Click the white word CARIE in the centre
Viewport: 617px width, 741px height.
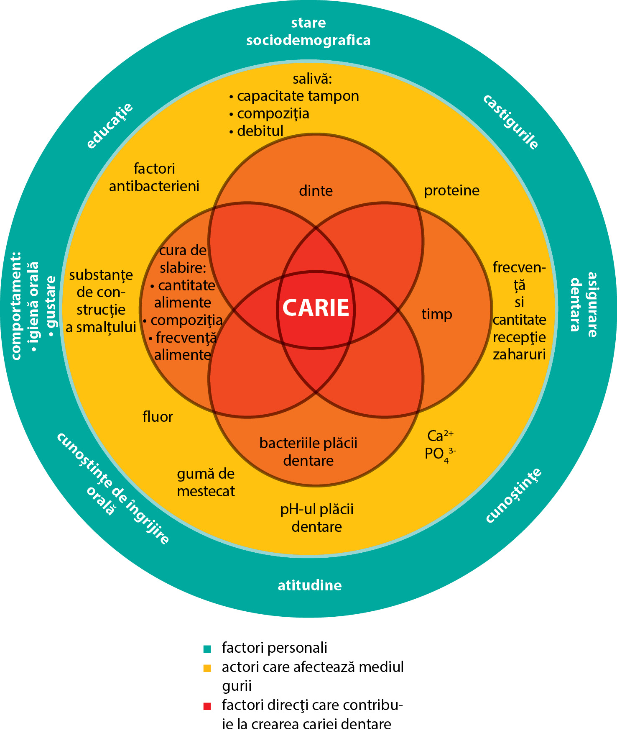click(x=316, y=308)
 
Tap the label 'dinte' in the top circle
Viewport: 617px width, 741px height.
click(x=316, y=191)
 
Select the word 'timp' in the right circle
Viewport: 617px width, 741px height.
click(x=437, y=314)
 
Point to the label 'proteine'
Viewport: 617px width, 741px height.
click(x=451, y=191)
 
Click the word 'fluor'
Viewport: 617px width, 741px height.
click(x=158, y=417)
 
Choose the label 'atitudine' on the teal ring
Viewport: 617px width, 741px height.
click(x=310, y=585)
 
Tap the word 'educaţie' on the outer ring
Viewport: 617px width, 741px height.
click(x=110, y=125)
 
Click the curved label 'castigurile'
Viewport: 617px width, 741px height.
click(x=511, y=122)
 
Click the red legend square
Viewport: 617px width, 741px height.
click(x=207, y=706)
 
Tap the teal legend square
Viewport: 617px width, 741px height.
click(x=207, y=649)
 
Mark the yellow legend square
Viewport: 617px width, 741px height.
click(x=207, y=668)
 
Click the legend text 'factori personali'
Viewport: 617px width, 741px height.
click(x=274, y=648)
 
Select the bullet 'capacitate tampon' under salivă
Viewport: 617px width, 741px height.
click(x=298, y=96)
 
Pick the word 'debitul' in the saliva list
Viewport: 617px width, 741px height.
click(x=260, y=131)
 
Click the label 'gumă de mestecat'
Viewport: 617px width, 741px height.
click(x=206, y=482)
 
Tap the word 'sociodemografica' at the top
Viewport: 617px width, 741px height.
click(x=308, y=41)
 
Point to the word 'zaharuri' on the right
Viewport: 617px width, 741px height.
click(x=519, y=355)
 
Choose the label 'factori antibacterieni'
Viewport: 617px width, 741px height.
click(x=154, y=177)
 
